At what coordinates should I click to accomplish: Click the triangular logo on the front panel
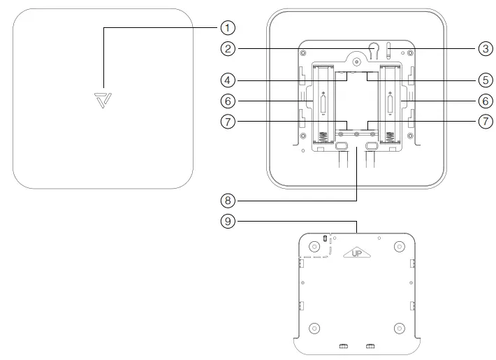click(103, 99)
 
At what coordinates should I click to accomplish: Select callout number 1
click(226, 28)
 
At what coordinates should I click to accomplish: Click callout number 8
click(226, 200)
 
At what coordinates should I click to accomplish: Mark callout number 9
click(226, 223)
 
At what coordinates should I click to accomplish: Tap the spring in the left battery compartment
click(323, 137)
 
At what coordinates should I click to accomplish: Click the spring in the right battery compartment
click(389, 137)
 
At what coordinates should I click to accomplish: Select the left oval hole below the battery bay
click(342, 146)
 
